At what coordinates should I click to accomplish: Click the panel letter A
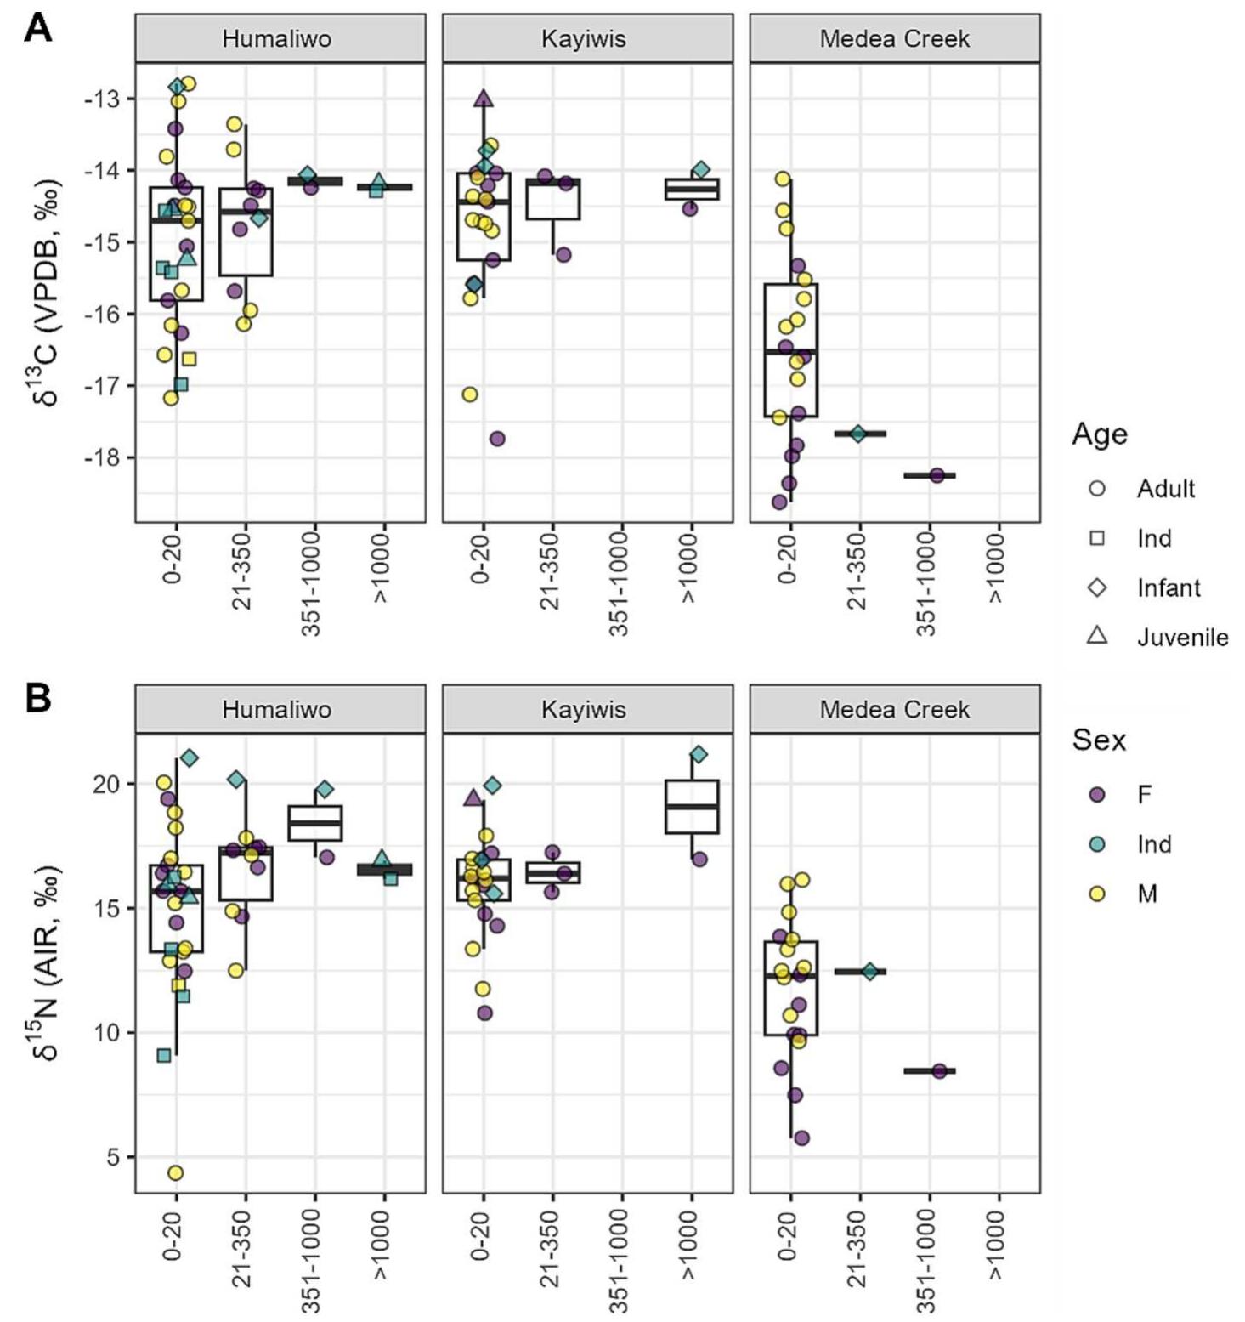point(38,30)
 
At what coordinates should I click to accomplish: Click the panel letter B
point(38,698)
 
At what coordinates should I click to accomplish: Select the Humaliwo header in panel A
point(277,39)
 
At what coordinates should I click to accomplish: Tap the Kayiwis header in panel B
point(584,710)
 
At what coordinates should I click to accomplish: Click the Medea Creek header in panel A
point(894,39)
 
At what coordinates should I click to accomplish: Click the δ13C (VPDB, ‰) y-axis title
point(49,292)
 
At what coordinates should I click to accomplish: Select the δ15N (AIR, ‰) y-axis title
point(49,963)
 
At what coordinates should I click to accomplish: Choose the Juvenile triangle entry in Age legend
point(1097,636)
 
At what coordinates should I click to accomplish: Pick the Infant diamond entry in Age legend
point(1097,587)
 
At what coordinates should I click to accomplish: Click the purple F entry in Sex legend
point(1097,794)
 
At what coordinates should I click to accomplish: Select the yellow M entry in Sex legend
point(1097,894)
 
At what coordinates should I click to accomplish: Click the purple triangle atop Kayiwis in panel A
point(484,99)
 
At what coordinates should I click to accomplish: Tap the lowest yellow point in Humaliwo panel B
point(175,1172)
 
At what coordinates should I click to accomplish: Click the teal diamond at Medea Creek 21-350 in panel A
point(858,434)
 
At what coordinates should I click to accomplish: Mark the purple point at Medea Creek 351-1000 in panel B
point(938,1071)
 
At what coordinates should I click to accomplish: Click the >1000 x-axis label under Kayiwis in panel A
point(692,565)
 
